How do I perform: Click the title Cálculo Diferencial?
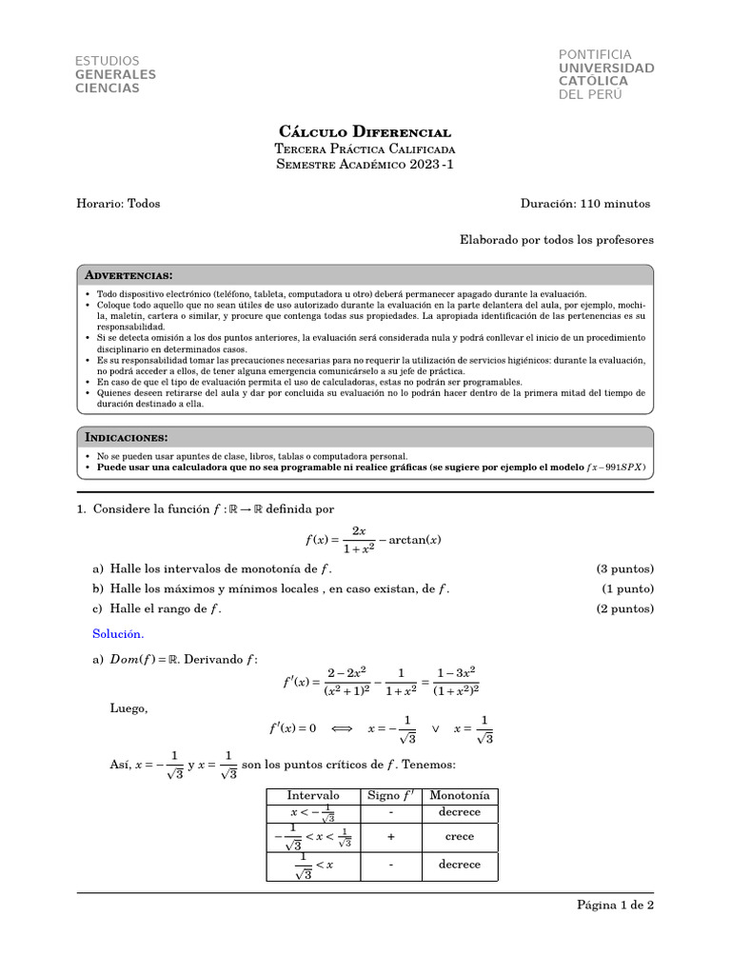click(x=365, y=131)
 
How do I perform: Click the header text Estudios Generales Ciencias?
click(x=115, y=75)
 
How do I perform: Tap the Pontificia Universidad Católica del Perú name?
click(x=606, y=75)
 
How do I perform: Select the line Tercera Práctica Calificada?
click(x=365, y=149)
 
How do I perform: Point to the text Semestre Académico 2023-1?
click(x=365, y=166)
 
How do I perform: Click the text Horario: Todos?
click(x=118, y=203)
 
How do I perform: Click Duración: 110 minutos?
click(x=585, y=203)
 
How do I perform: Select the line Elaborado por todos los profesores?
click(x=557, y=241)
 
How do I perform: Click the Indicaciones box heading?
click(x=127, y=437)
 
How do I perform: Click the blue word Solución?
click(x=117, y=633)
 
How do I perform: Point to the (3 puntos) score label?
click(x=625, y=569)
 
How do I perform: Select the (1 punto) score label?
click(x=628, y=589)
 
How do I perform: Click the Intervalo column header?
click(x=313, y=796)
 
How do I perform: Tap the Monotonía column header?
click(x=460, y=796)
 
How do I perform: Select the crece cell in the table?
click(x=460, y=836)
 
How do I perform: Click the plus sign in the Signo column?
click(x=390, y=836)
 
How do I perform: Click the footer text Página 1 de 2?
click(x=615, y=905)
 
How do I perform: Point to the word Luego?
click(x=129, y=707)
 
